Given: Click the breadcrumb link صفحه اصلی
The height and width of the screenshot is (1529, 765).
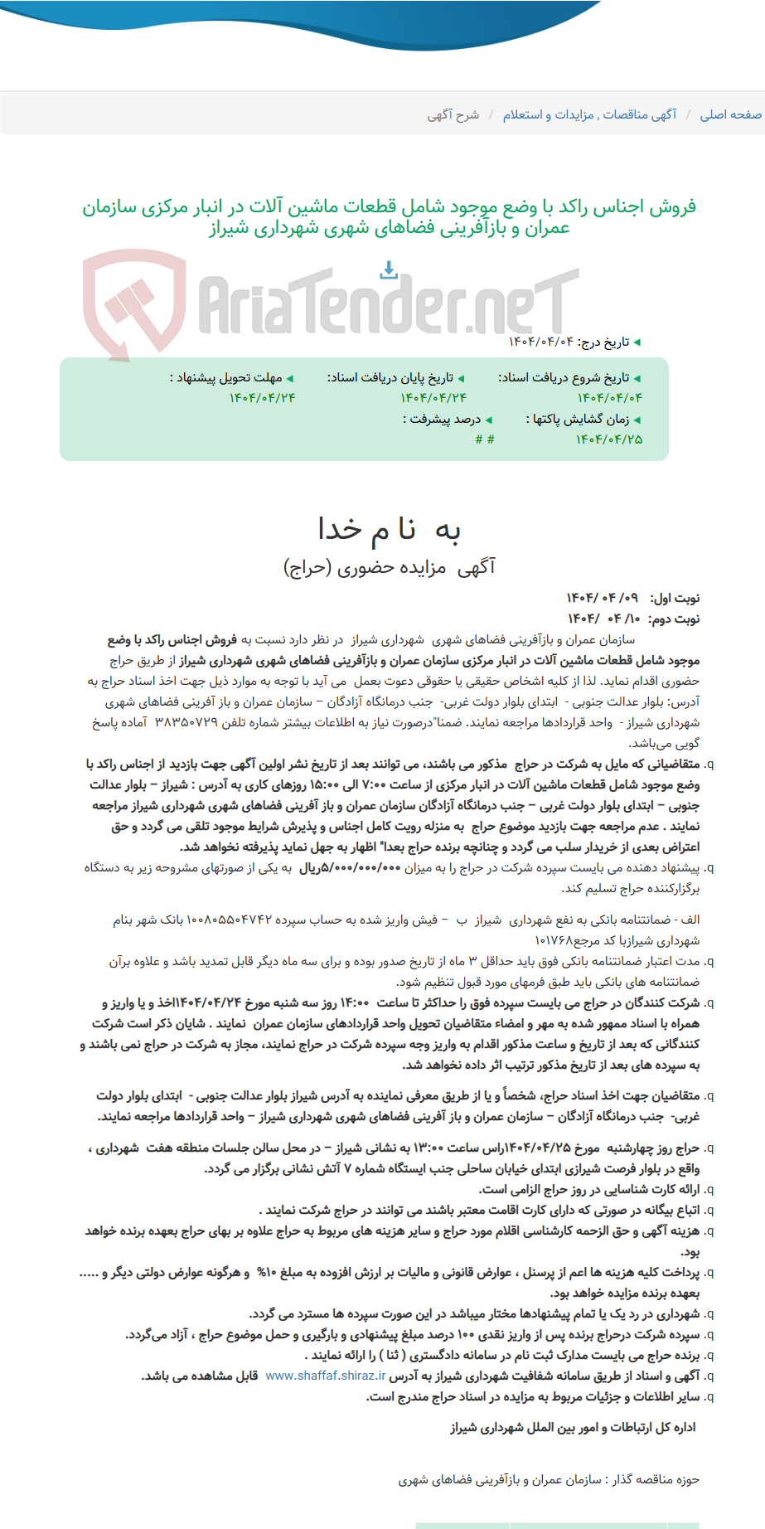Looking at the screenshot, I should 730,114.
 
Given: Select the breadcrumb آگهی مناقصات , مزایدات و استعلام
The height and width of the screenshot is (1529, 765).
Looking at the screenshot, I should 589,114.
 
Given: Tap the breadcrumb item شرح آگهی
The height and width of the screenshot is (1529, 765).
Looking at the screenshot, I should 453,114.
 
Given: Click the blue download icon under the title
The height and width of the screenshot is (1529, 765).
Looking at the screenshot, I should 388,270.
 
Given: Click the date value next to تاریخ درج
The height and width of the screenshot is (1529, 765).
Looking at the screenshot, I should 540,342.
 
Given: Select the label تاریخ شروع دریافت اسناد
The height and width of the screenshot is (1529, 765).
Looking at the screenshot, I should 568,378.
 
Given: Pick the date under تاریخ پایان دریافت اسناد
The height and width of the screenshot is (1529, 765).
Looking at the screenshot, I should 433,398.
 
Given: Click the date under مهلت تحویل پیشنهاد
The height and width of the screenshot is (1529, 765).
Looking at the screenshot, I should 262,398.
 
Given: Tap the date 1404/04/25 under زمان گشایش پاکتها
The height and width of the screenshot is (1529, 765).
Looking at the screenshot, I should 609,439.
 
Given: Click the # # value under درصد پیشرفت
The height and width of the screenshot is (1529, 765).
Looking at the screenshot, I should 485,439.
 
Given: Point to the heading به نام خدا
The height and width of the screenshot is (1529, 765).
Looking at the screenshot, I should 389,529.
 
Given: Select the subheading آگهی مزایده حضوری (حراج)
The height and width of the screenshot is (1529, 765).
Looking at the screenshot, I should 389,567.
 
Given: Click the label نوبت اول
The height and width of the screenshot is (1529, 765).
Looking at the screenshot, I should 675,598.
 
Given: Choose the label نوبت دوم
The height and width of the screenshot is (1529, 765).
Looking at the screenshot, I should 675,619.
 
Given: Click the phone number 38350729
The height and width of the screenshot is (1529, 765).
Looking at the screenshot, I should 186,722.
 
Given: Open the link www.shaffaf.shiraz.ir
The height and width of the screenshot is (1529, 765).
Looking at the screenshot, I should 326,1376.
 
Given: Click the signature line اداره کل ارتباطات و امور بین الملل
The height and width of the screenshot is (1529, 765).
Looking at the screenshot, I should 573,1427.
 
